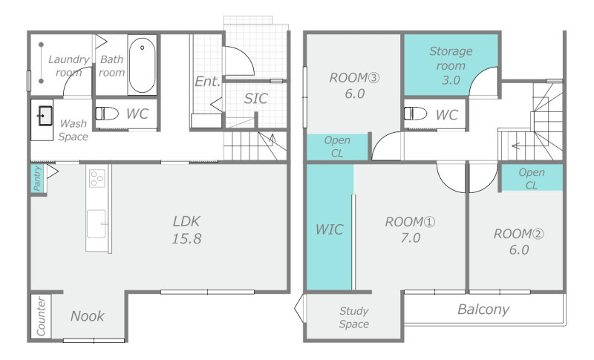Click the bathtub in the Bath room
click(x=142, y=65)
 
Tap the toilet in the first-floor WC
click(x=107, y=113)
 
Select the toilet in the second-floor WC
click(x=415, y=114)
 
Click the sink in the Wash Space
click(x=45, y=116)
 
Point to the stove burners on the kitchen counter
click(x=97, y=178)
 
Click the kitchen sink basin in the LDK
click(x=97, y=223)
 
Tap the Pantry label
click(x=36, y=178)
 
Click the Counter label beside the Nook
click(x=41, y=316)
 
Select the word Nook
click(x=87, y=316)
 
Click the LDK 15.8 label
click(x=186, y=230)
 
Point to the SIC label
click(x=255, y=99)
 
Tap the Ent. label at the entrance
click(x=207, y=82)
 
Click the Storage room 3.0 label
click(x=451, y=65)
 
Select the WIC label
click(x=329, y=229)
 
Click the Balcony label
click(x=483, y=310)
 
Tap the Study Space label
click(x=354, y=317)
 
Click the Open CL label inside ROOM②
click(x=532, y=179)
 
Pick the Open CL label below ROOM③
click(x=337, y=146)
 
